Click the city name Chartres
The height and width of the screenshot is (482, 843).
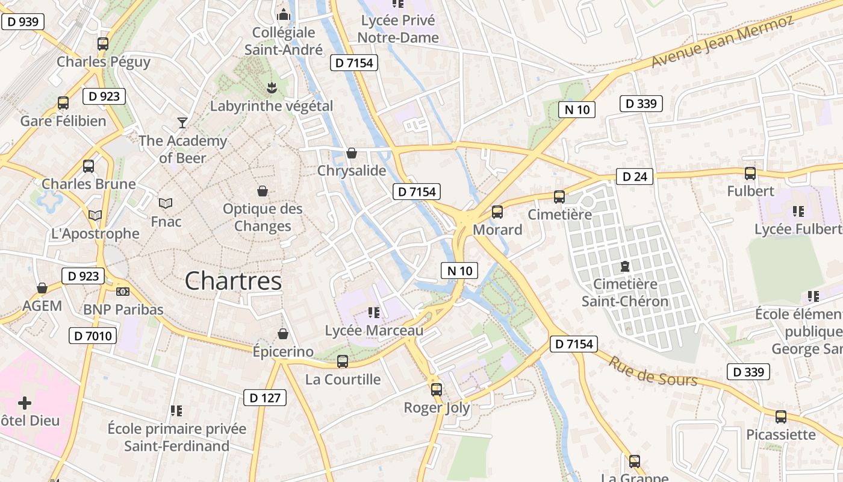coord(233,281)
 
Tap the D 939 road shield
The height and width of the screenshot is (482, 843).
coord(23,22)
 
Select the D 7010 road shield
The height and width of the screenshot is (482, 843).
coord(93,336)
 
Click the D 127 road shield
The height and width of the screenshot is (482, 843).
coord(265,398)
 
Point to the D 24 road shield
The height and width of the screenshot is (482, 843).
coord(635,177)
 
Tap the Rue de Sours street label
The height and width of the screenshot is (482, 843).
coord(653,371)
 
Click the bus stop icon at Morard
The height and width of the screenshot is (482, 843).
coord(497,212)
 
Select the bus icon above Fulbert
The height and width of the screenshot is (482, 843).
coord(750,174)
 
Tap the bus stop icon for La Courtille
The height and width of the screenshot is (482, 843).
coord(343,361)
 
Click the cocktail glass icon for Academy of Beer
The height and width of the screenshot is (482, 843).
coord(182,123)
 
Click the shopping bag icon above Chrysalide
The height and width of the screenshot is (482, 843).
coord(352,154)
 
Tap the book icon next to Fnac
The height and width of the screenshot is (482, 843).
coord(166,204)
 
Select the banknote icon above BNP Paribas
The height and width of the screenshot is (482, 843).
coord(123,292)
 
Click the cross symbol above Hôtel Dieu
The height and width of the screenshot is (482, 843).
coord(25,402)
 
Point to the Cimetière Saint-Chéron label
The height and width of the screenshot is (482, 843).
coord(625,292)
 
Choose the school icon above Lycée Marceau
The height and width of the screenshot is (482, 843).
coord(374,312)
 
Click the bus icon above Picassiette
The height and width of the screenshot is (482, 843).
coord(781,416)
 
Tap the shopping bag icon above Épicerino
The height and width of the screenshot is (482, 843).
coord(283,334)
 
